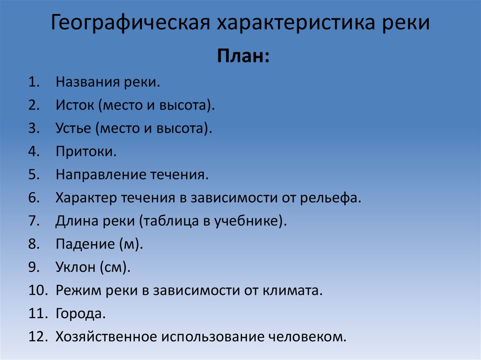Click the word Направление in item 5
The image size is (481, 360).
tap(101, 175)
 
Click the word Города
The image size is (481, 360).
tap(80, 314)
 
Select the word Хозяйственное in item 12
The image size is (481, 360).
tap(106, 337)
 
